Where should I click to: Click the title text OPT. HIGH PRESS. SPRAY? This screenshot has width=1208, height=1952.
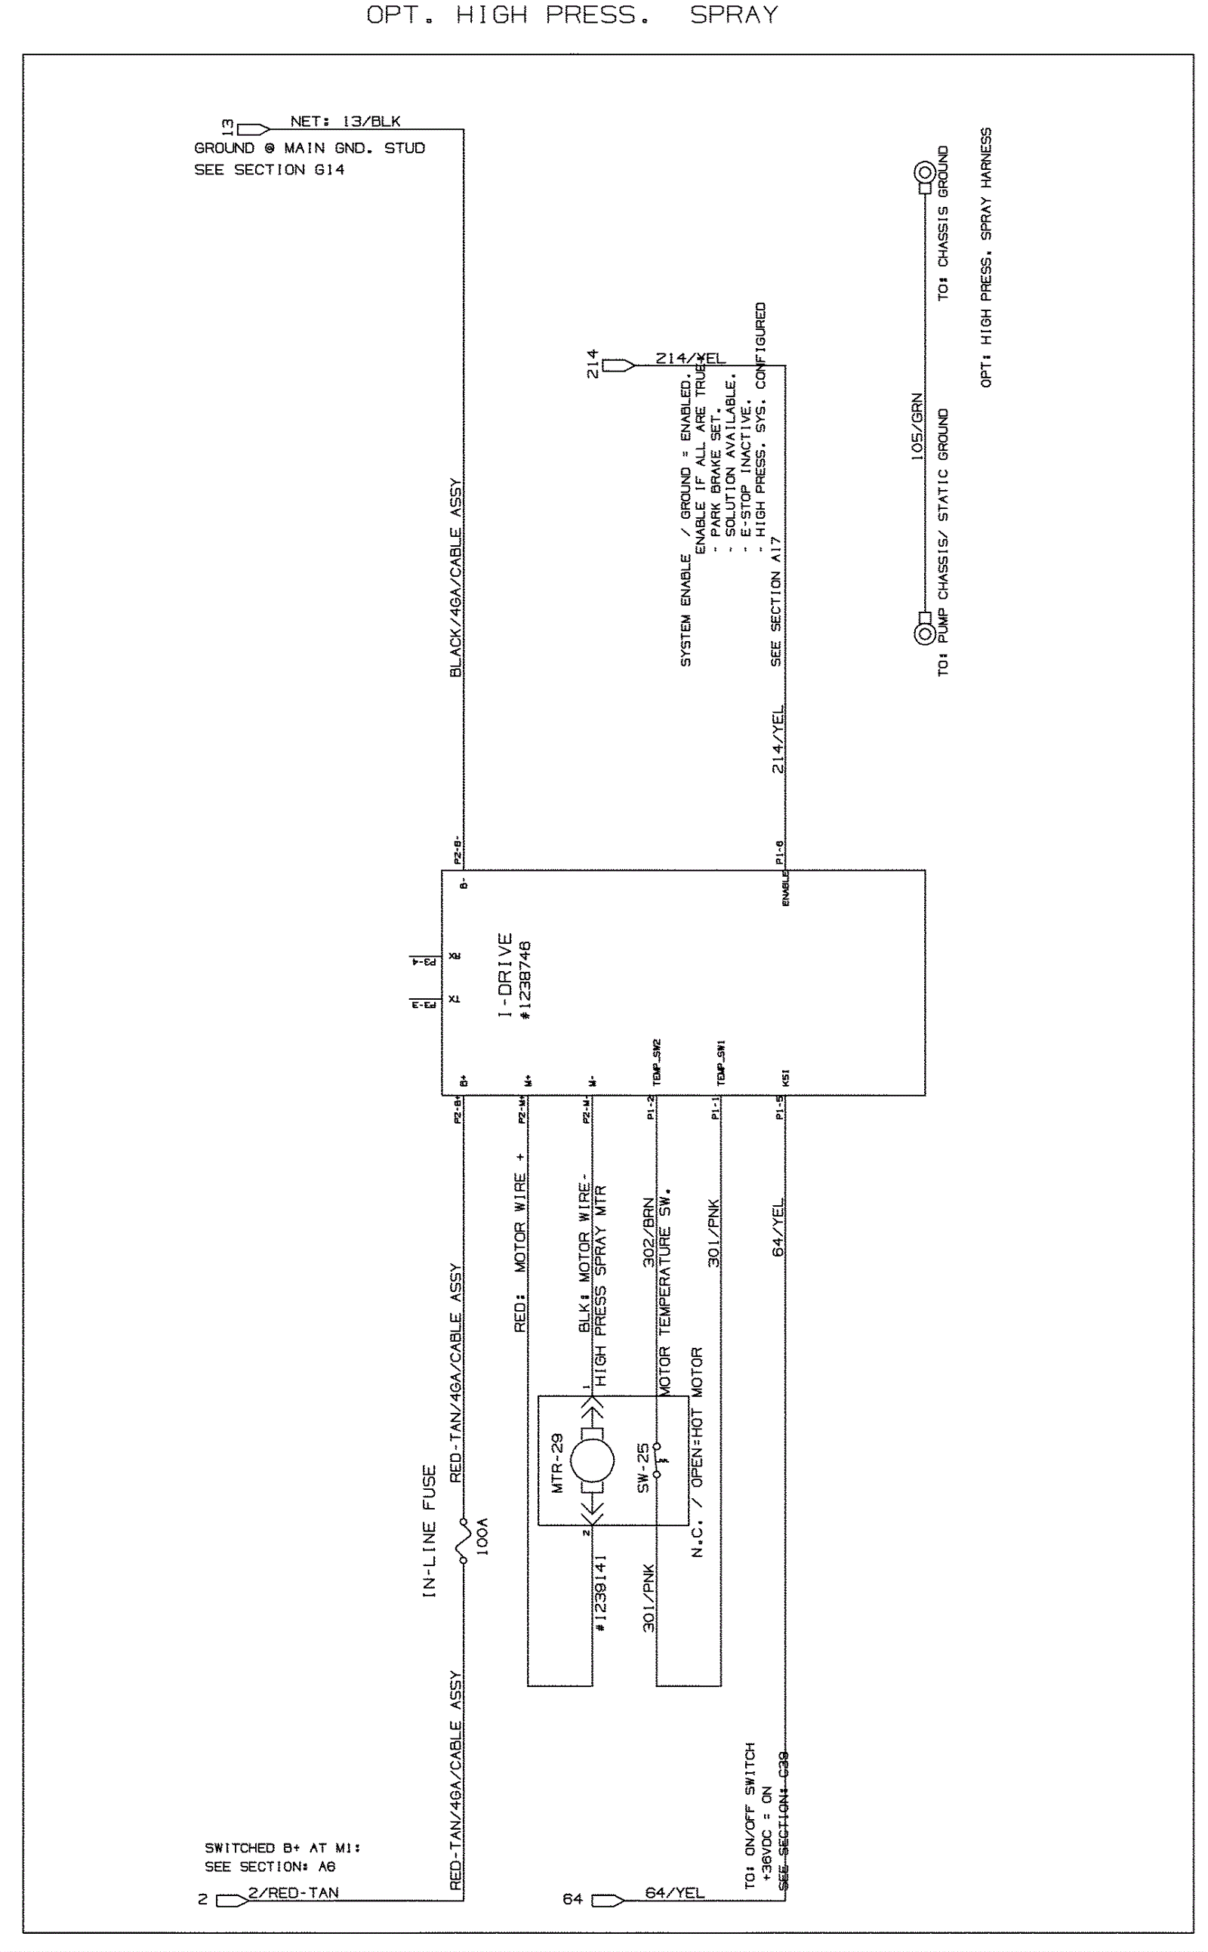pos(572,15)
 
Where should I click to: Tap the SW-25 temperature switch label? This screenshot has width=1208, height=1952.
pos(643,1468)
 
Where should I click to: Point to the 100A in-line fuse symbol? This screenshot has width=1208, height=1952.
pos(463,1540)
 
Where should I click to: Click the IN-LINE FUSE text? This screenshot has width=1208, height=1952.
pos(429,1531)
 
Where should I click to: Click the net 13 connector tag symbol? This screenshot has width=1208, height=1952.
pos(253,128)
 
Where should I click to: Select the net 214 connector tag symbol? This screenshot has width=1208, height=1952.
pos(618,366)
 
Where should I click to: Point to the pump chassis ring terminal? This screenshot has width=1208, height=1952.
pos(924,634)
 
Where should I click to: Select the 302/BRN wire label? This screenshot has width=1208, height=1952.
pos(649,1232)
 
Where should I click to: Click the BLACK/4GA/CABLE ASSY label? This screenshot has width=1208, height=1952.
pos(455,578)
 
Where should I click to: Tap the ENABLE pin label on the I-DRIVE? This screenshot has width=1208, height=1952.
pos(785,889)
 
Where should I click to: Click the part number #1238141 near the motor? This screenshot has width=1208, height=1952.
pos(601,1592)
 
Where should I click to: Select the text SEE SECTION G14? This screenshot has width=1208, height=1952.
pos(269,169)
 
